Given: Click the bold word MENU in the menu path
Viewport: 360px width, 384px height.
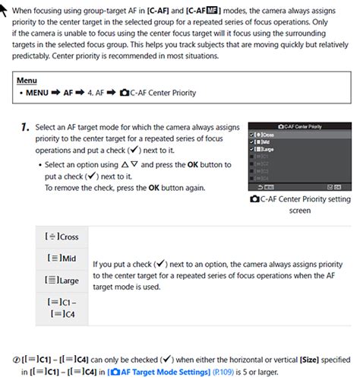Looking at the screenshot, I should pyautogui.click(x=40, y=93).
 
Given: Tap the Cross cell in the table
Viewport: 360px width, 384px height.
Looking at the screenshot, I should pyautogui.click(x=63, y=236).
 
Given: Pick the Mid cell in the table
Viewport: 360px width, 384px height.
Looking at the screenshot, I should pyautogui.click(x=63, y=259).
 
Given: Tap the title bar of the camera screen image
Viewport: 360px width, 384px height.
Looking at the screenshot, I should pyautogui.click(x=300, y=125).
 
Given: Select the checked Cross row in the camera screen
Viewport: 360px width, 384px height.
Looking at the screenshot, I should pyautogui.click(x=266, y=133).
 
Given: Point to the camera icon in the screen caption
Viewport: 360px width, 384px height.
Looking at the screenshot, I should pyautogui.click(x=255, y=199).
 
